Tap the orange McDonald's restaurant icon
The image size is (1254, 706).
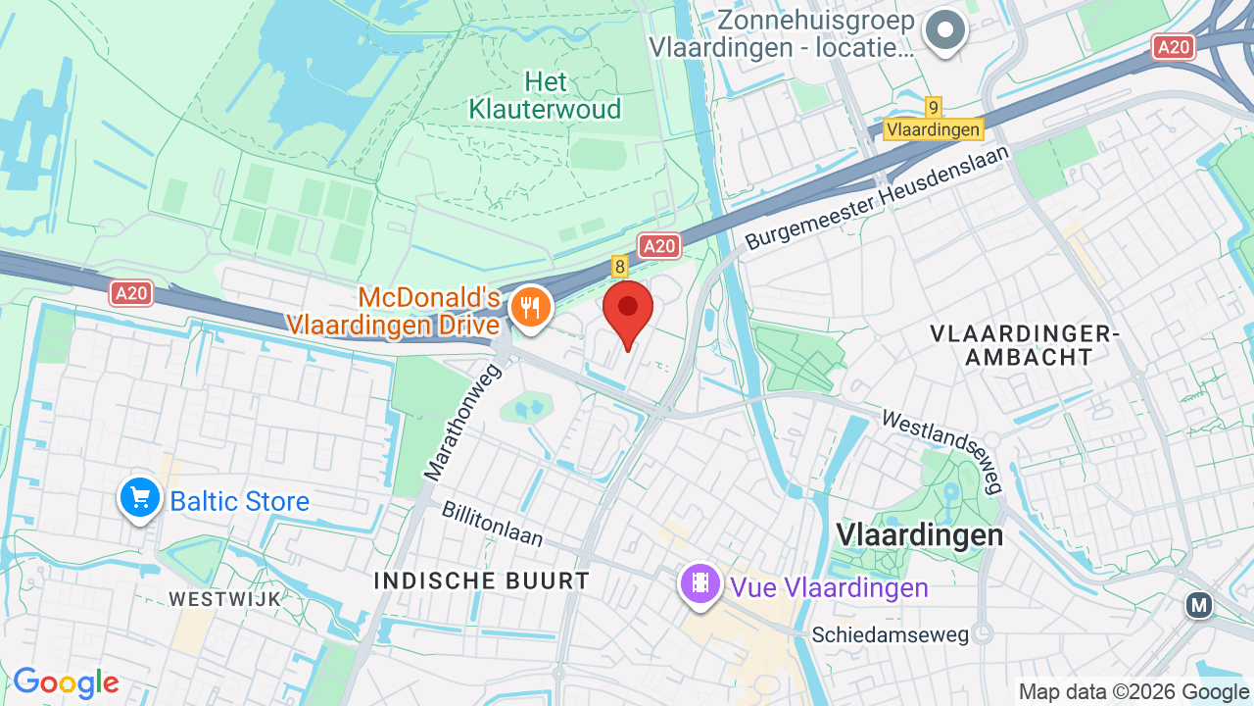point(530,308)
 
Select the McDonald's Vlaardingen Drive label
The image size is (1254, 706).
point(394,310)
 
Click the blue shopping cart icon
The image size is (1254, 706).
point(140,498)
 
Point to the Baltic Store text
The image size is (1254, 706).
point(240,502)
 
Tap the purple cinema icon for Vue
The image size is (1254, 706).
point(700,584)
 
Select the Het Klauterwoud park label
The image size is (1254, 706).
point(545,95)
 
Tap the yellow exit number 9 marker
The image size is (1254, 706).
point(933,108)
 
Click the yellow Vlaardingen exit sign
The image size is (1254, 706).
point(933,129)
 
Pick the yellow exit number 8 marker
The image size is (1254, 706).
point(619,266)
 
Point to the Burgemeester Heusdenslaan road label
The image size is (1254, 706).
point(877,197)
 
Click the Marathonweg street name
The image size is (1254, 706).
point(463,423)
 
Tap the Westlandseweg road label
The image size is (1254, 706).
point(942,450)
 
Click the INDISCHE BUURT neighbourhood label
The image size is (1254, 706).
point(482,580)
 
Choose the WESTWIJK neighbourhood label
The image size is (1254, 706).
point(224,598)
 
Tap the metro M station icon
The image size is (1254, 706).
point(1199,605)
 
